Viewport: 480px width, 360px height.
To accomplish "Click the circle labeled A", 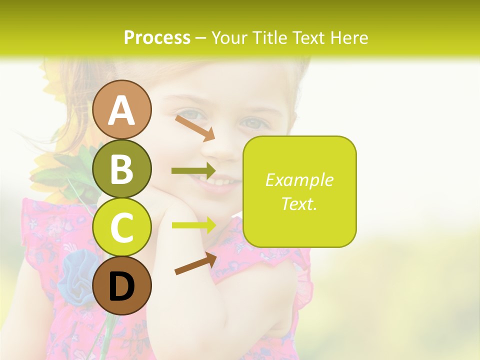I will (122, 109).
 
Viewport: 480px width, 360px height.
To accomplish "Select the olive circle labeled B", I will (122, 168).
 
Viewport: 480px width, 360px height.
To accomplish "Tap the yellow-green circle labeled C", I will (122, 227).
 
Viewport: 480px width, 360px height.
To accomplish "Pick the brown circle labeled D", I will (122, 285).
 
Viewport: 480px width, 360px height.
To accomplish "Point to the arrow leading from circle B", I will (193, 171).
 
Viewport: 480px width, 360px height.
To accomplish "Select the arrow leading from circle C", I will (193, 225).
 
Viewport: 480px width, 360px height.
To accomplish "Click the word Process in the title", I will (157, 37).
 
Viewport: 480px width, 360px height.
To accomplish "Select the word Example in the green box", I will (299, 180).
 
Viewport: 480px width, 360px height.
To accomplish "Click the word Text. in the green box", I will (299, 203).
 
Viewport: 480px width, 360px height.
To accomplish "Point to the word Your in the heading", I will (228, 37).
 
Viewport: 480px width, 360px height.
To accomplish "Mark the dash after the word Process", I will (201, 38).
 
